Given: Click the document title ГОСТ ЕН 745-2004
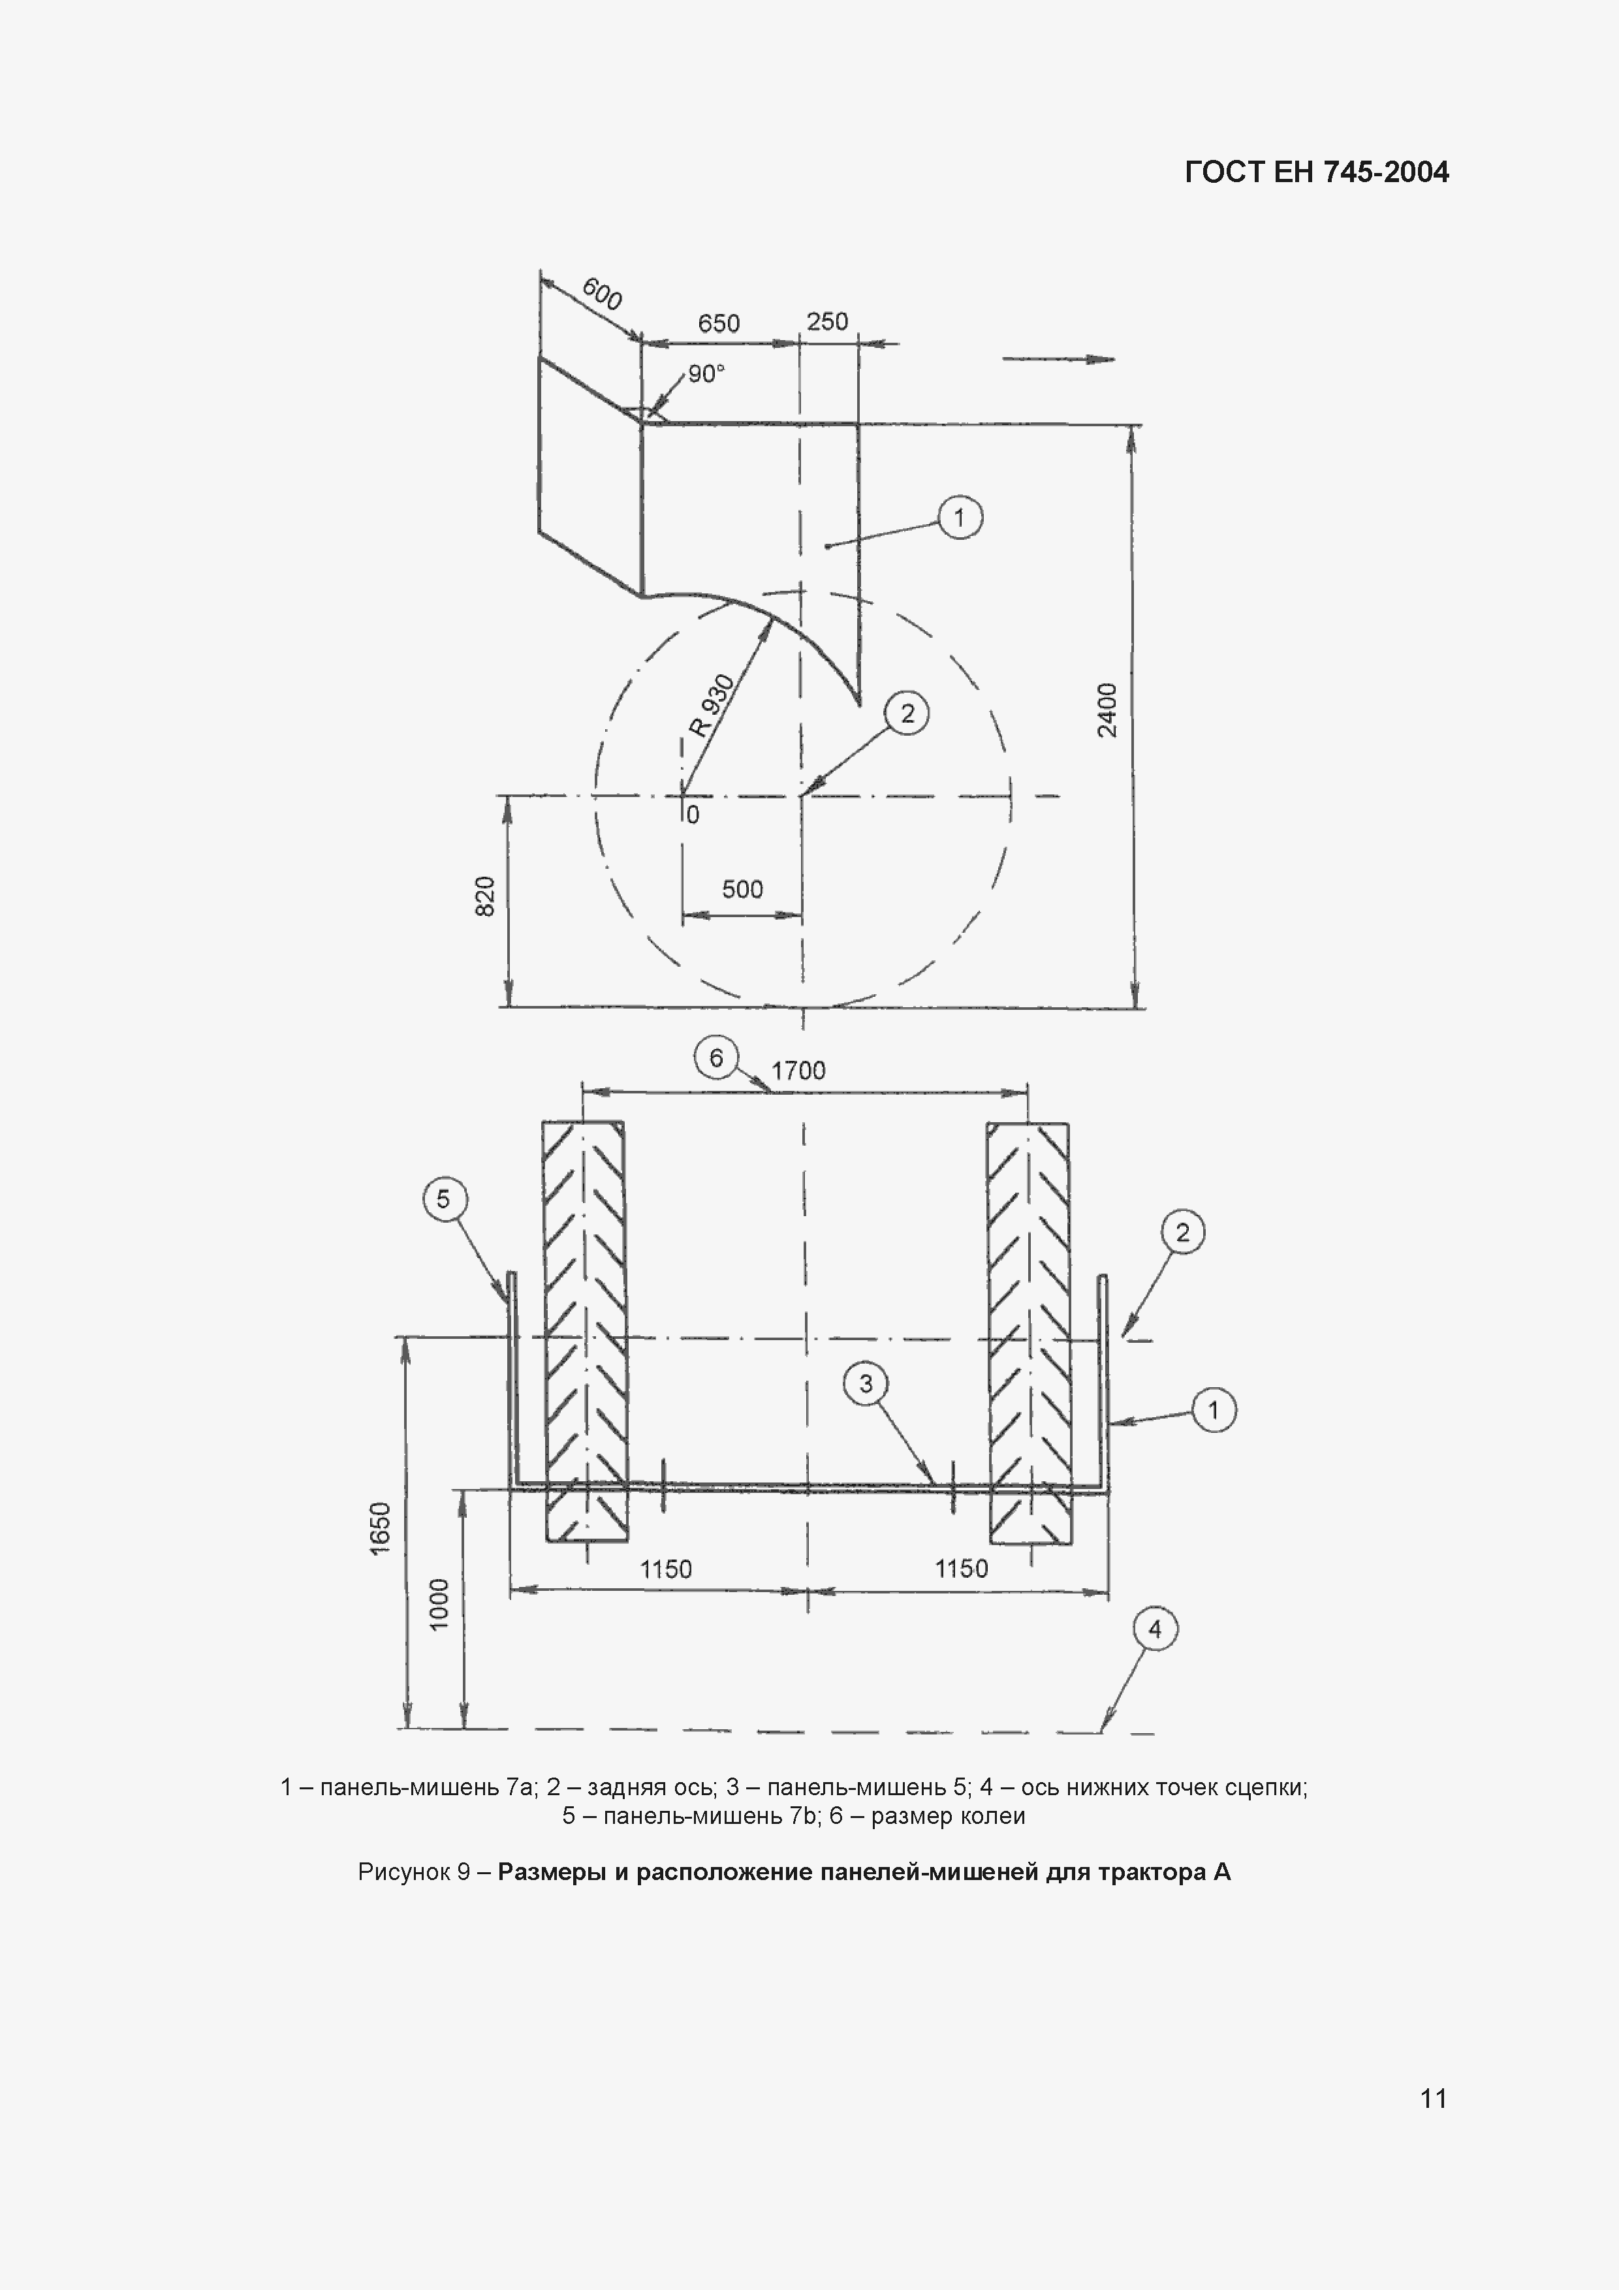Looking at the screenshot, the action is tap(1317, 172).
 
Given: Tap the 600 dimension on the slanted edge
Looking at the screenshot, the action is tap(601, 294).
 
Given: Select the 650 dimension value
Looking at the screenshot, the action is tap(718, 323).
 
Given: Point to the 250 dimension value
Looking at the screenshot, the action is tap(827, 321).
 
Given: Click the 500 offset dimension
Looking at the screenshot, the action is tap(742, 888).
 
